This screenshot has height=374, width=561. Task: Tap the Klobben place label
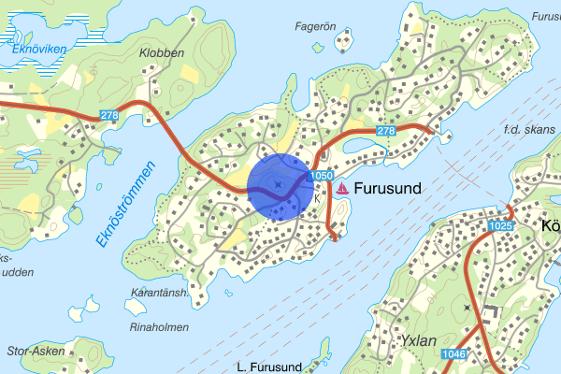point(162,53)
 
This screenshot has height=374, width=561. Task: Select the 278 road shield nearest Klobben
point(109,114)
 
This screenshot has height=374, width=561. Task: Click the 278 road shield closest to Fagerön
point(386,132)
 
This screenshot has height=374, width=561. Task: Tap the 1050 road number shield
point(321,176)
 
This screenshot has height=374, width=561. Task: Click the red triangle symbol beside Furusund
point(343,188)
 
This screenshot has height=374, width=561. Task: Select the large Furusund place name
point(387,188)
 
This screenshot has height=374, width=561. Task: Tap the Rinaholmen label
point(159,327)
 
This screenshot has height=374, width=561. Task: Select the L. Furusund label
point(267,366)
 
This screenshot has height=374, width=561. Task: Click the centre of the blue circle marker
point(280,185)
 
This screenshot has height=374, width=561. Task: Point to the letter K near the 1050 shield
point(318,198)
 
